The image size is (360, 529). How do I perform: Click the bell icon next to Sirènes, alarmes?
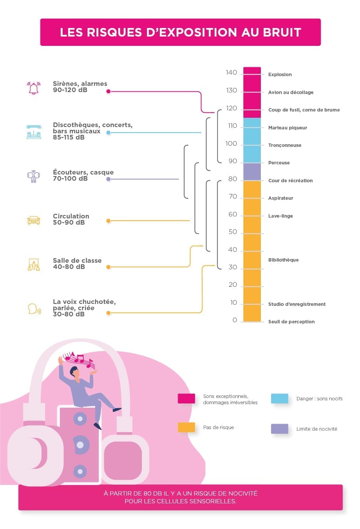pos(34,88)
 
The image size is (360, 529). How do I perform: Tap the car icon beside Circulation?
pos(34,220)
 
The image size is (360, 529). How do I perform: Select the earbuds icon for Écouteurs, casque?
pos(33,176)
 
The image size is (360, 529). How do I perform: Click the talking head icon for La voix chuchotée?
pos(34,309)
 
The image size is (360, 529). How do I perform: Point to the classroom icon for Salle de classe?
pos(34,265)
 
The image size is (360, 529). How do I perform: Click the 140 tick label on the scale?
pos(231,73)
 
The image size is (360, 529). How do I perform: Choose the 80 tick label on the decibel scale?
pos(232,179)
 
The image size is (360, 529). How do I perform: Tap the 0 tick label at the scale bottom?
pos(234,320)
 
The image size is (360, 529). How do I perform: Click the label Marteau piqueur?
pos(287,127)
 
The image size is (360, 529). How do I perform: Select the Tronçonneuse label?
pos(285,145)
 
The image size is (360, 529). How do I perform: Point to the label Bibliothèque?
pos(283,260)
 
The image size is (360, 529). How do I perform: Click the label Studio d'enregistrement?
pos(297,304)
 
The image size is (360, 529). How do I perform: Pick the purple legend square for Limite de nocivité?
pos(280,429)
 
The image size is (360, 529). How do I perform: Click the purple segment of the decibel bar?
pos(252,172)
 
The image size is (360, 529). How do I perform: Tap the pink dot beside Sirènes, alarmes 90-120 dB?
pos(108,91)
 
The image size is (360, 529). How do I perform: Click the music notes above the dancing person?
pos(79,360)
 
